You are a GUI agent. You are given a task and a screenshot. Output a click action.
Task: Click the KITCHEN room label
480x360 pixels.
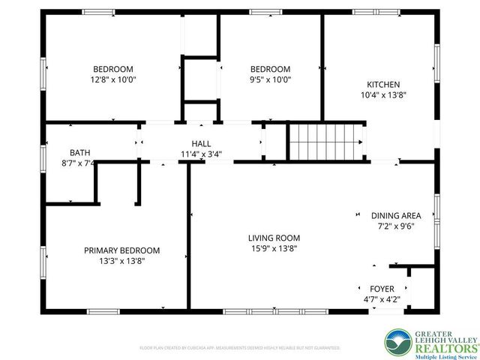click(382, 85)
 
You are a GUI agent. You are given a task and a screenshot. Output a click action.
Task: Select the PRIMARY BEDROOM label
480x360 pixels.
click(121, 250)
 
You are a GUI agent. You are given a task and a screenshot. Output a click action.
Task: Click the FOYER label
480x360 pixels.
click(382, 289)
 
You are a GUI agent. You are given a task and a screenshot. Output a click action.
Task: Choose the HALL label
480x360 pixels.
click(201, 143)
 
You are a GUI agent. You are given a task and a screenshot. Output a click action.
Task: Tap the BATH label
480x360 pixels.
click(79, 151)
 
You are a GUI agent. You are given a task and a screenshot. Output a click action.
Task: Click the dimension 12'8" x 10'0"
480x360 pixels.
click(113, 79)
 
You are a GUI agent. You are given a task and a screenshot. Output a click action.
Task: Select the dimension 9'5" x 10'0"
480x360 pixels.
click(270, 79)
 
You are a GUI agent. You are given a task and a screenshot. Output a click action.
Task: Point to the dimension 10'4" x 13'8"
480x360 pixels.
click(382, 95)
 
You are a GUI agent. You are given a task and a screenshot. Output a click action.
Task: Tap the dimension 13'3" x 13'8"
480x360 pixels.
click(121, 261)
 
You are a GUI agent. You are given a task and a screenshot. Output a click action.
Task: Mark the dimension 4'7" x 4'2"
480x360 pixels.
click(382, 299)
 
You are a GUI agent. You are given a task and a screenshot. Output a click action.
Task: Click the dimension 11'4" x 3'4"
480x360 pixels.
click(201, 154)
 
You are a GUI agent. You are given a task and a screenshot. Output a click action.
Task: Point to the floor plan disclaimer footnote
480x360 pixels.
click(240, 348)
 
